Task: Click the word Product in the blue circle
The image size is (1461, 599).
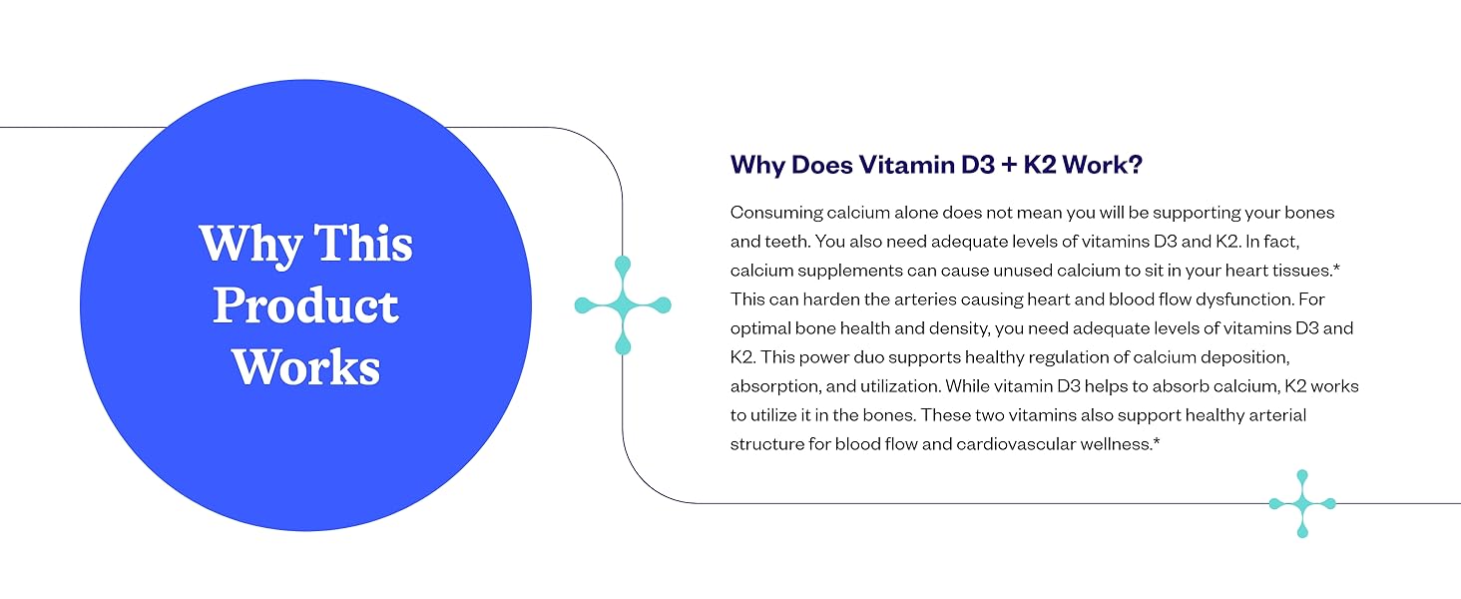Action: pos(305,305)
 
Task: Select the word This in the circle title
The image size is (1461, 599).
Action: pos(364,244)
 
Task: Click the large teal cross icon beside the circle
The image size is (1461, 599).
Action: pos(623,305)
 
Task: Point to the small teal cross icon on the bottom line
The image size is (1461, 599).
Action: pos(1301,504)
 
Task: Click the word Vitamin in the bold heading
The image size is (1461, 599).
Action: pos(896,166)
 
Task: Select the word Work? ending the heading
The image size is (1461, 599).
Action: pos(1106,166)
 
